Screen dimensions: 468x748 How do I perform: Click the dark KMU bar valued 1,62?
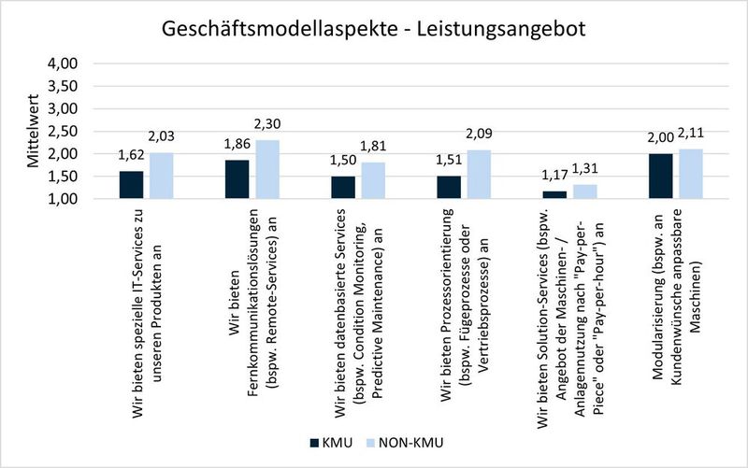131,185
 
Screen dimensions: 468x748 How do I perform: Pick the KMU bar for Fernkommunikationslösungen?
237,179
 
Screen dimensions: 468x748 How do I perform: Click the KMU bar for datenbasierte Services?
342,188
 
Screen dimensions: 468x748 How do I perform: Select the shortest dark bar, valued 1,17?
554,195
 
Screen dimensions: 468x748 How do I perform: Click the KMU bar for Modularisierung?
660,177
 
